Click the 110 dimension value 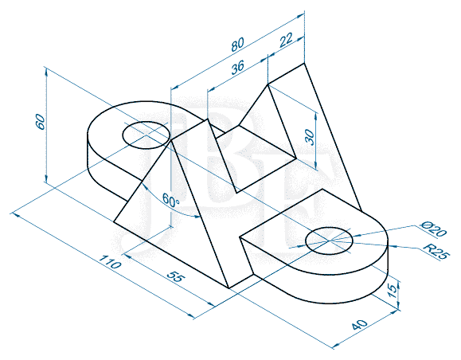[110, 262]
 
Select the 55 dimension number [176, 276]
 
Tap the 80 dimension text [237, 44]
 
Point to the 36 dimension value [237, 68]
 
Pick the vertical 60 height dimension [41, 122]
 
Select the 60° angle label [170, 200]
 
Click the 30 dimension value [309, 138]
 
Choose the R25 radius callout [436, 252]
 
